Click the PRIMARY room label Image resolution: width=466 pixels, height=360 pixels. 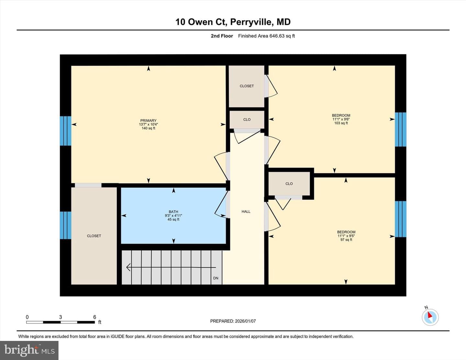[x=149, y=120]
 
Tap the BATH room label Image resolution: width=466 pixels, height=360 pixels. [x=173, y=212]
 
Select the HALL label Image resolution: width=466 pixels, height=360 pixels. [x=246, y=212]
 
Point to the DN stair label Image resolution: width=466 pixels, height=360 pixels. [x=216, y=278]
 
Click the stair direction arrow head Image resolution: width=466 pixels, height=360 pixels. [x=128, y=267]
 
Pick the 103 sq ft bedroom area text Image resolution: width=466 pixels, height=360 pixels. [x=341, y=123]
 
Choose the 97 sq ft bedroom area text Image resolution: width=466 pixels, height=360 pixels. [x=346, y=240]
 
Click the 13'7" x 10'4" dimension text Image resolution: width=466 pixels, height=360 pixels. [x=149, y=124]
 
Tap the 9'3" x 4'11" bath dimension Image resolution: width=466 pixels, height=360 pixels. [x=173, y=215]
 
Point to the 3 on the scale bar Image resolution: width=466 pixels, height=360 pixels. [x=61, y=317]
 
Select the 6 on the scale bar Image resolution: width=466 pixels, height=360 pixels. [x=94, y=317]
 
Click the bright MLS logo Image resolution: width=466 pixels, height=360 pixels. [x=29, y=350]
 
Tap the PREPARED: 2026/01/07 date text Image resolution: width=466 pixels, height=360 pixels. [x=233, y=321]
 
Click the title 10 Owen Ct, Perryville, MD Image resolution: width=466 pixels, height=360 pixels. [x=233, y=22]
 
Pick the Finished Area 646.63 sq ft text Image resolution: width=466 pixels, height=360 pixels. [x=266, y=36]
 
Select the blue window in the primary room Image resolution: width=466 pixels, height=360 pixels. [x=66, y=131]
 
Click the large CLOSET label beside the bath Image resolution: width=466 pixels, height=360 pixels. [x=94, y=236]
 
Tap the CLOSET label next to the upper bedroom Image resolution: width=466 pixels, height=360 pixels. [x=247, y=86]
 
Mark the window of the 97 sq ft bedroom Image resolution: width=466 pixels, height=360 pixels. [x=401, y=219]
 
